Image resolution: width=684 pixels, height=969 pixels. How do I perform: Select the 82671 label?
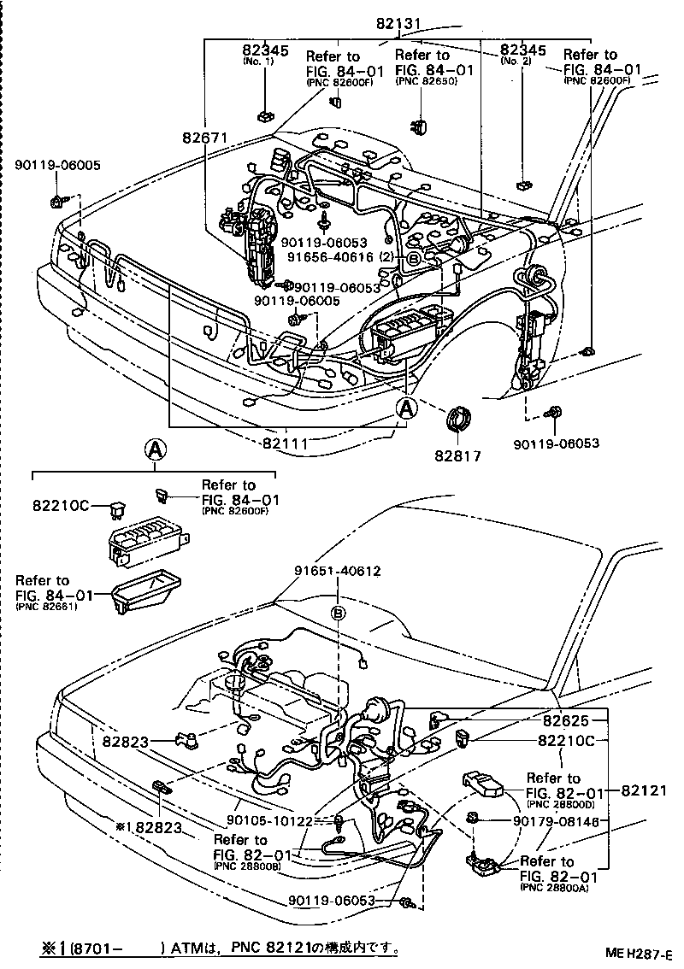coord(203,137)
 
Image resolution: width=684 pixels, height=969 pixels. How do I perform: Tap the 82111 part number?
coord(286,443)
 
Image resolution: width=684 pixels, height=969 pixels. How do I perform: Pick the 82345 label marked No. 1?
coord(263,51)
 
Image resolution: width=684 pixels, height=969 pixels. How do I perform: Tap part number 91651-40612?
coord(338,572)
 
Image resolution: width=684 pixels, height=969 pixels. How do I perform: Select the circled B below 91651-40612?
coord(339,614)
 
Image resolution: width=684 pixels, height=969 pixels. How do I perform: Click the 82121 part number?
coord(645,791)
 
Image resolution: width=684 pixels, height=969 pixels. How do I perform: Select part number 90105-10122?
coord(277,821)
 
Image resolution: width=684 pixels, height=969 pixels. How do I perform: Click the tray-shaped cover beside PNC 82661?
coord(146,593)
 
